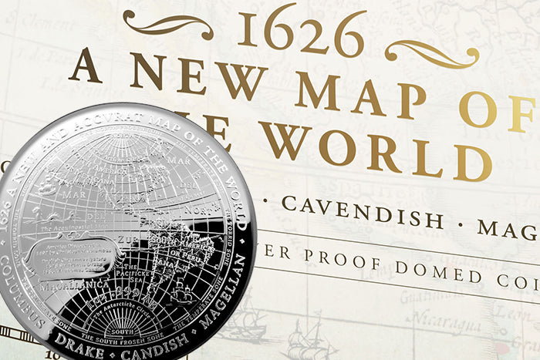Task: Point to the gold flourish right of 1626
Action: (431, 52)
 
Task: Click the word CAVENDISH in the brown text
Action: (363, 212)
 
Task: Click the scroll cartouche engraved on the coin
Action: (69, 255)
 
